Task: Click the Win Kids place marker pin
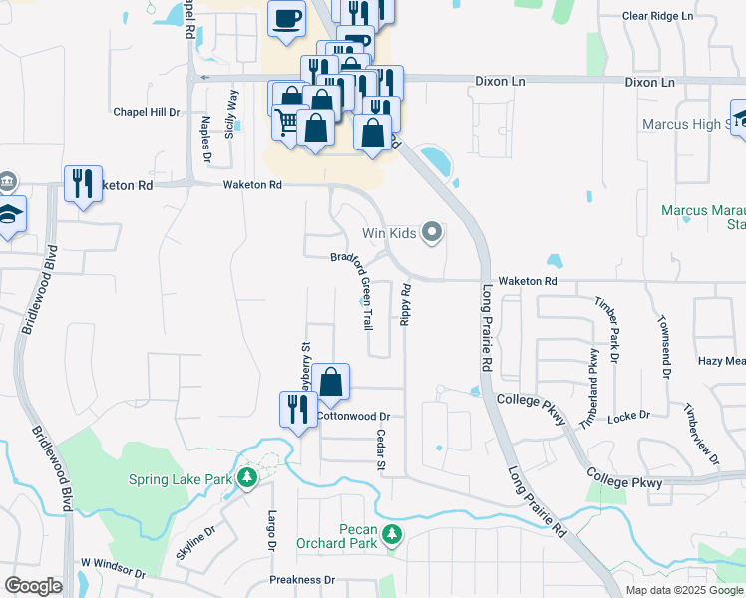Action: (x=432, y=233)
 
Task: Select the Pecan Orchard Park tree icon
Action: (x=393, y=535)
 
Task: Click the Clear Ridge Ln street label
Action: (x=656, y=17)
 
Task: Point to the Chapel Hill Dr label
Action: (x=146, y=113)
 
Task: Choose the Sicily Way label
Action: (x=232, y=113)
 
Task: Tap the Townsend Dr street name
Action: (x=663, y=348)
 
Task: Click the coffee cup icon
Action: (x=286, y=18)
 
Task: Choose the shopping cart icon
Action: (x=286, y=122)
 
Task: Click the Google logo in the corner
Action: (x=33, y=586)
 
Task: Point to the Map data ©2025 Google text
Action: (x=683, y=590)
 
